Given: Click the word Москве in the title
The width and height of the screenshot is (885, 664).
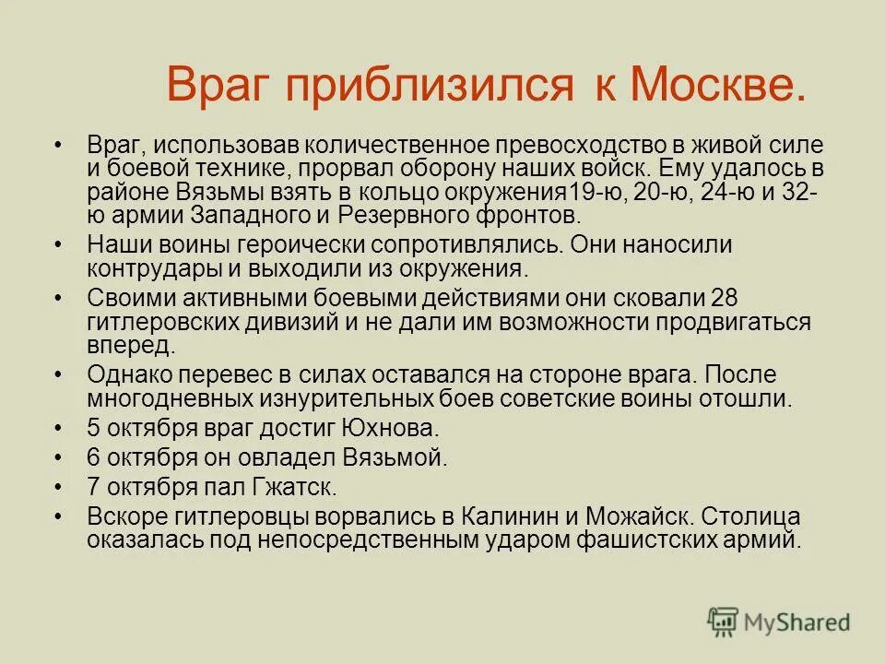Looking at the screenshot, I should [716, 87].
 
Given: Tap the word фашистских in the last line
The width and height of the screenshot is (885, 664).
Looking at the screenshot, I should [648, 539].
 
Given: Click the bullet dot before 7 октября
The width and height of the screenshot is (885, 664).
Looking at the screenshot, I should [60, 485].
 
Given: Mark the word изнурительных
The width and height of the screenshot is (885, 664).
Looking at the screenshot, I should [287, 400].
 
